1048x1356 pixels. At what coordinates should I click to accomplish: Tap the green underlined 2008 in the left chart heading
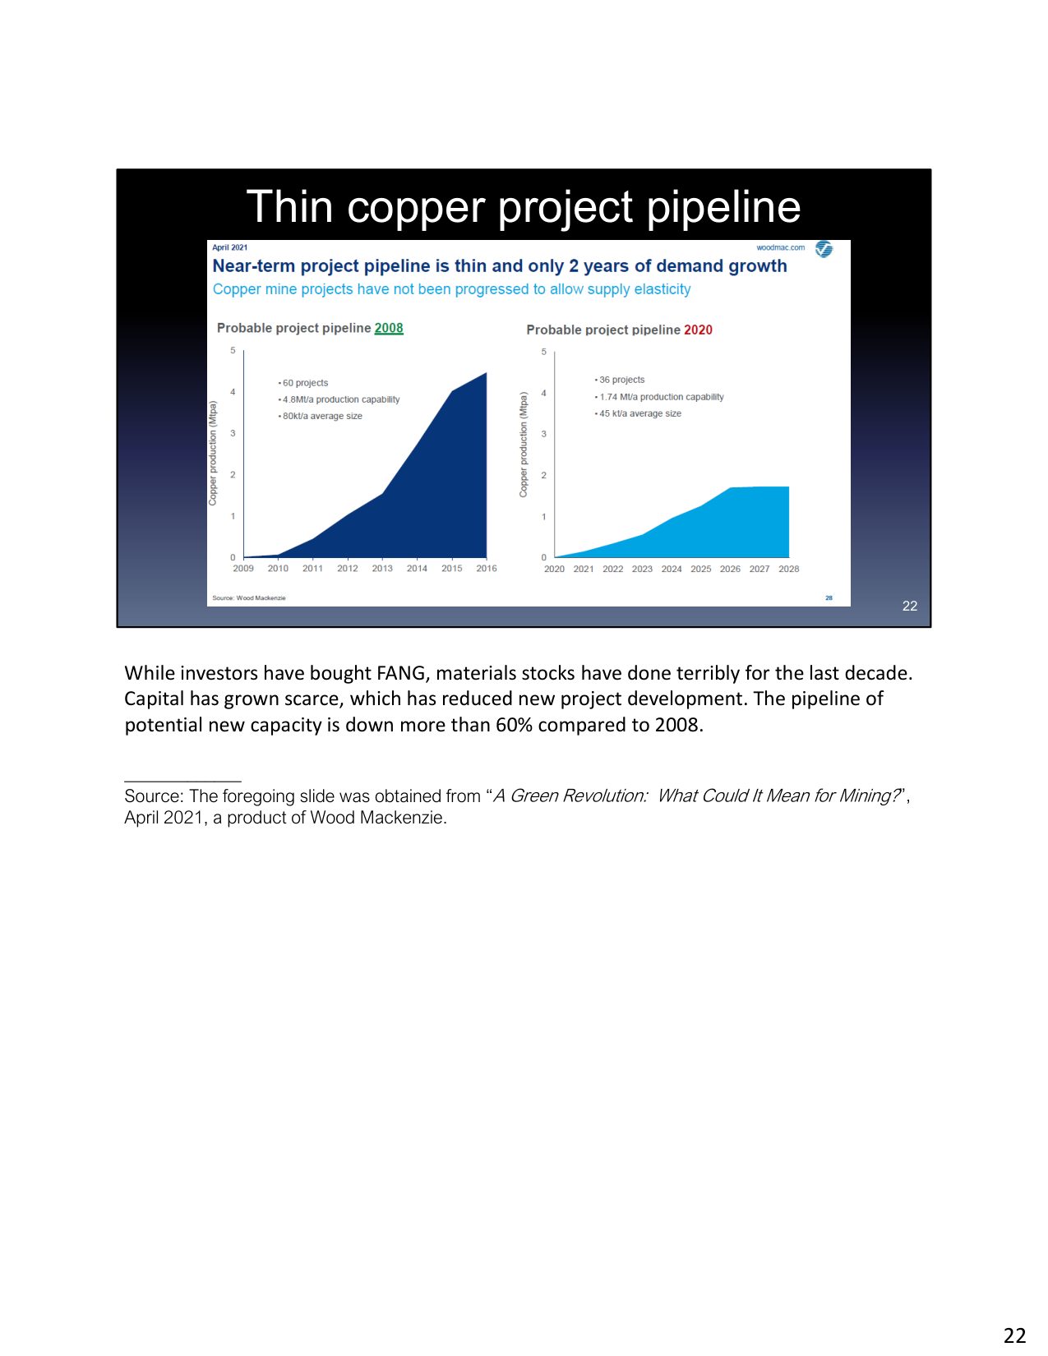tap(389, 328)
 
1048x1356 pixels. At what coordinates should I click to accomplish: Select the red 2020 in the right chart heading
tap(698, 330)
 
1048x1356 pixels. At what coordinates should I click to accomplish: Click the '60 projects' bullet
tap(303, 382)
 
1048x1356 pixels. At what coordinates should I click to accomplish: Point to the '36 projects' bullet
tap(620, 380)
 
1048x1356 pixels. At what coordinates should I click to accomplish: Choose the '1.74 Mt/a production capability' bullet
tap(659, 397)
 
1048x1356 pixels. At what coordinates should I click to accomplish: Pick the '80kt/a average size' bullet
tap(321, 416)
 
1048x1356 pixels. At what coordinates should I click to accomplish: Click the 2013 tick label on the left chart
tap(382, 569)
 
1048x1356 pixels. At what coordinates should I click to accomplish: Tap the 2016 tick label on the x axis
tap(487, 569)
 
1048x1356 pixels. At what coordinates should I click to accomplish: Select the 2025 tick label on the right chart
tap(701, 569)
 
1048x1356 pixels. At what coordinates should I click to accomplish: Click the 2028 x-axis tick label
tap(789, 569)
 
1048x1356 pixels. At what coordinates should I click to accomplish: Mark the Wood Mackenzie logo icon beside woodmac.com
tap(824, 249)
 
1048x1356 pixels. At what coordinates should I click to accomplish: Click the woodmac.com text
tap(780, 247)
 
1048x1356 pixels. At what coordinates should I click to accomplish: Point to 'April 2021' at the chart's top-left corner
tap(229, 247)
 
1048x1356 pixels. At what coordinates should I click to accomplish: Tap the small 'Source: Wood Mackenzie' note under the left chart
tap(249, 597)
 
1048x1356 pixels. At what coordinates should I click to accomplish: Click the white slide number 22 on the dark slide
tap(909, 606)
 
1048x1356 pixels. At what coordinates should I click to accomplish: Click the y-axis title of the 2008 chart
tap(213, 454)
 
